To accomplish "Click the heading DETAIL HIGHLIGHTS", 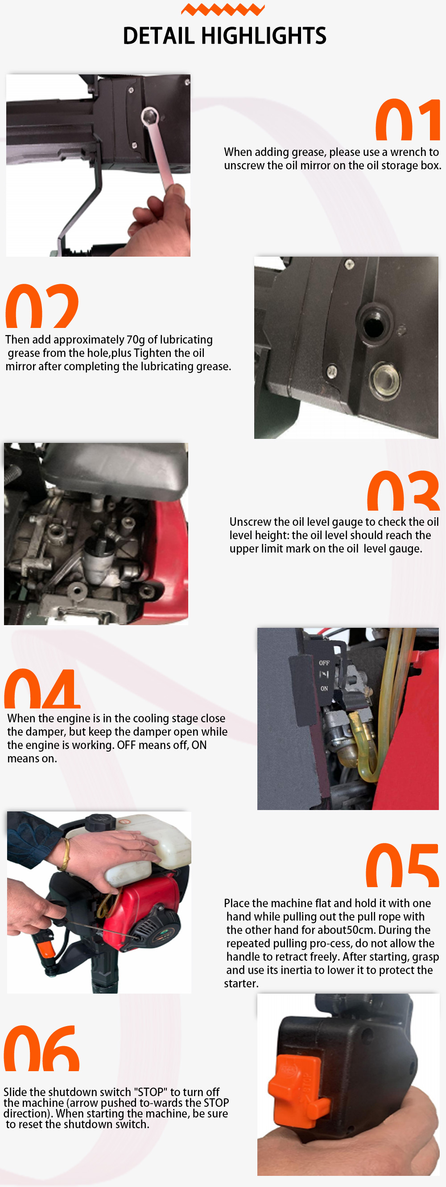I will (224, 36).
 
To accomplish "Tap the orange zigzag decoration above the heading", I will (223, 9).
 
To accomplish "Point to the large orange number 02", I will (42, 306).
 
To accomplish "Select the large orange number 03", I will (403, 491).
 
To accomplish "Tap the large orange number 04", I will (42, 689).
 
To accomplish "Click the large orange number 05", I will (402, 865).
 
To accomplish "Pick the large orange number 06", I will (42, 1049).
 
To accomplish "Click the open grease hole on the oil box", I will (373, 324).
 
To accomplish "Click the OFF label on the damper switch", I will (324, 663).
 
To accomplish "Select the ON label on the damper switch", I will (324, 688).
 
